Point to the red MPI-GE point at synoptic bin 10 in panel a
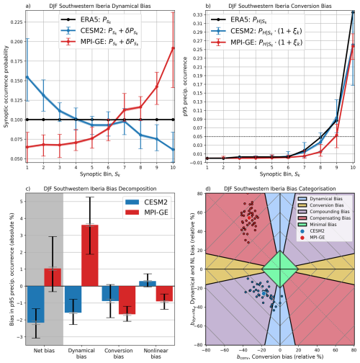(173, 48)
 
